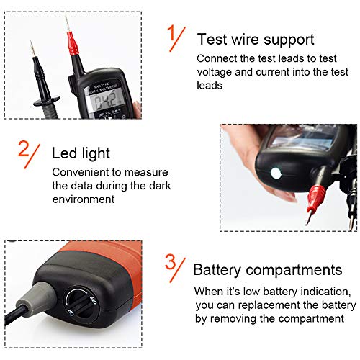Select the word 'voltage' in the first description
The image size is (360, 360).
tap(214, 71)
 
